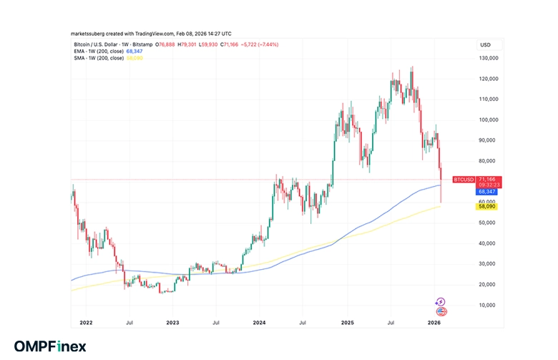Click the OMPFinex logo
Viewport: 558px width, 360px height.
(x=50, y=346)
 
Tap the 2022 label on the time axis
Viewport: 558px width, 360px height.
(x=86, y=323)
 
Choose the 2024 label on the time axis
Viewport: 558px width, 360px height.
(x=259, y=323)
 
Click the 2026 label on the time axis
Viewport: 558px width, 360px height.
(x=434, y=323)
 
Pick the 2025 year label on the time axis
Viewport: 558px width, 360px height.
(x=347, y=323)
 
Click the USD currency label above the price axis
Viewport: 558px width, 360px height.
(x=485, y=45)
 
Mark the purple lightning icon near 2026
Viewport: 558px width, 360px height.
(x=441, y=302)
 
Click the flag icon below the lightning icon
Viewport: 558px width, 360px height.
(x=441, y=311)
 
